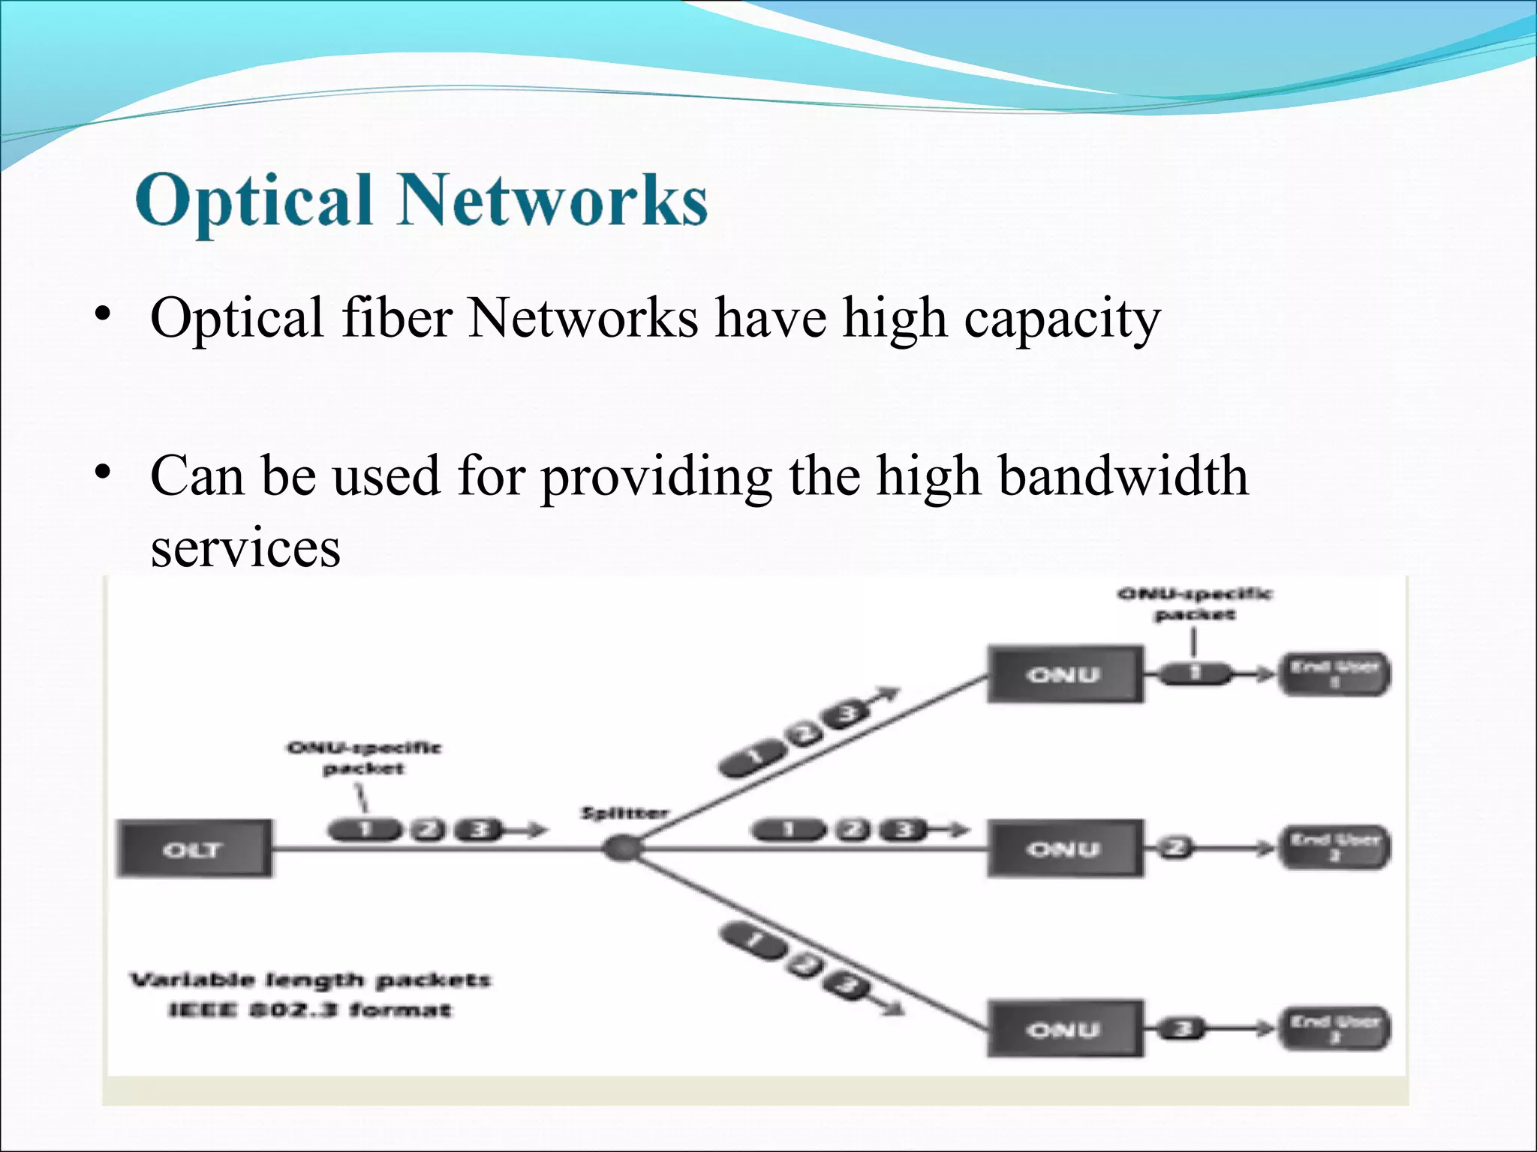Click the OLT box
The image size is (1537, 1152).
194,849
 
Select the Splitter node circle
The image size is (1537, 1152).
622,849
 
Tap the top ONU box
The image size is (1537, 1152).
1065,674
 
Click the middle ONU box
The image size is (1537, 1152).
1065,848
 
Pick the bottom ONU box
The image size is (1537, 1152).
1065,1029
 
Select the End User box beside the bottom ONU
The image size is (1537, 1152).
1334,1027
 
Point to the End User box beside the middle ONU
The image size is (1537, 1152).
1334,847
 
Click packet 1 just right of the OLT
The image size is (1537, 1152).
365,829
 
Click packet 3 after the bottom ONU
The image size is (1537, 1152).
1183,1028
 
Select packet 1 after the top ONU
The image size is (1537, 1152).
1195,673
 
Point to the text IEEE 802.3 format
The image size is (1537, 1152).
310,1010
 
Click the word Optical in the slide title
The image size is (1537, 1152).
254,199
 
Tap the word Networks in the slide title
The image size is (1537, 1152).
552,199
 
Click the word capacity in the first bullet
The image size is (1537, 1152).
1061,319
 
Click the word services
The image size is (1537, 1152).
245,548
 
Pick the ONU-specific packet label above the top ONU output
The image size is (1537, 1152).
1195,604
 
